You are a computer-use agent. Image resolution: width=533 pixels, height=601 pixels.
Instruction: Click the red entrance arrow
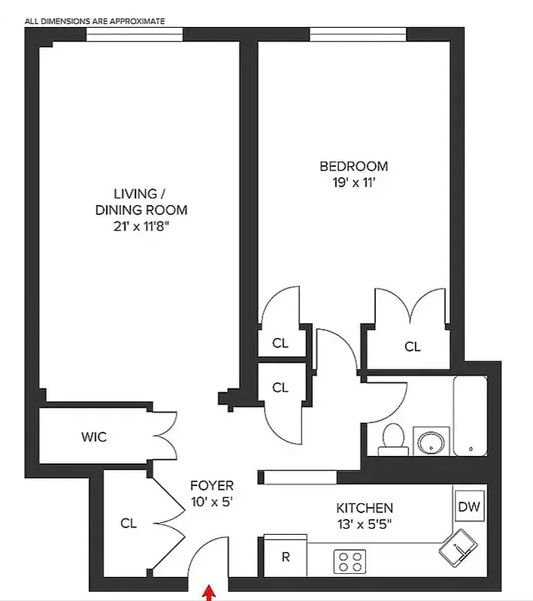tap(207, 593)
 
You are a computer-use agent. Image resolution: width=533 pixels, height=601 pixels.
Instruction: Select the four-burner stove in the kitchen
tap(349, 560)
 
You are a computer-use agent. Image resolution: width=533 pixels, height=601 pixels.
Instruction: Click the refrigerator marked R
tap(286, 557)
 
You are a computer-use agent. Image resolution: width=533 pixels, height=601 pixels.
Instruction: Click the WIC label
tap(94, 437)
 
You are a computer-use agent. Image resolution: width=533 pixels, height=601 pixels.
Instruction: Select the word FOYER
tap(211, 485)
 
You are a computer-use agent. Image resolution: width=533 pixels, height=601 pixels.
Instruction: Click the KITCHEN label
tap(364, 509)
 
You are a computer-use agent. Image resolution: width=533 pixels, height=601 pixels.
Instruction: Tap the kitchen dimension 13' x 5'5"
tap(364, 524)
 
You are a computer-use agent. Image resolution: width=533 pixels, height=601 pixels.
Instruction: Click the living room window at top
tap(134, 35)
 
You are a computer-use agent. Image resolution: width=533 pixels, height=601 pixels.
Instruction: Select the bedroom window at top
tap(358, 35)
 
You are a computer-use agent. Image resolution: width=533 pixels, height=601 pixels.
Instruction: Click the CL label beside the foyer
tap(129, 523)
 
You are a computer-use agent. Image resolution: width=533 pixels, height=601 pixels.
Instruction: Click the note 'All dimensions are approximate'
tap(95, 21)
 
